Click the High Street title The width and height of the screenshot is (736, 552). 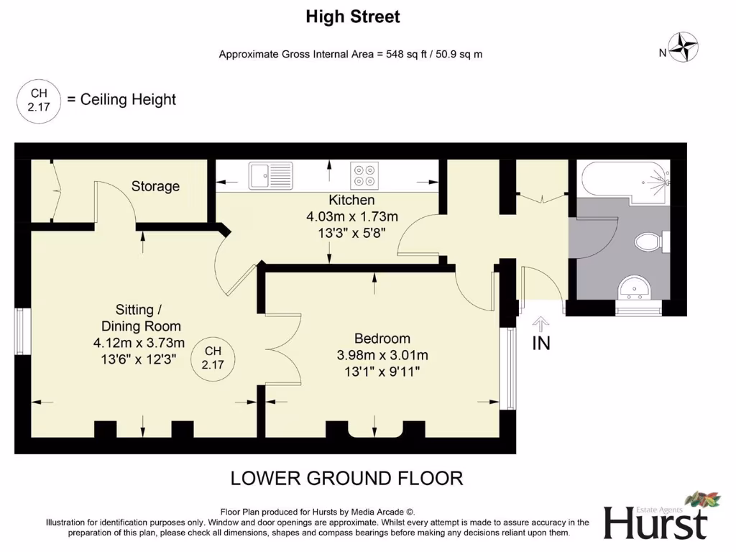click(353, 17)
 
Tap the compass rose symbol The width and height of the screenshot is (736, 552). click(684, 47)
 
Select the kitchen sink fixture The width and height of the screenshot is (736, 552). click(270, 175)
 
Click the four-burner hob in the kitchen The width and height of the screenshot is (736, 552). click(364, 175)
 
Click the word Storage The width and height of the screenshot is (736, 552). click(155, 186)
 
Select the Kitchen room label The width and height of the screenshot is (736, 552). click(351, 200)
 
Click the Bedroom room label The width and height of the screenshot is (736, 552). click(382, 339)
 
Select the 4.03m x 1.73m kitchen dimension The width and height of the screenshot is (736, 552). click(352, 217)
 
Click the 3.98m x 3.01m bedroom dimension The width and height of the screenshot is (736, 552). click(382, 355)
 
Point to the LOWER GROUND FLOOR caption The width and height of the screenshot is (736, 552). click(347, 478)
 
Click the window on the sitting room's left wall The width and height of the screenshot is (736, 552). click(22, 331)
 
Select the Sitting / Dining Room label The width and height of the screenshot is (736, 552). click(141, 318)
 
